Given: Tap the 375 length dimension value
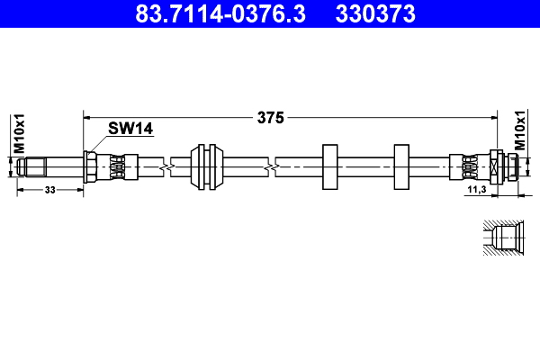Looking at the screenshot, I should click(x=272, y=117).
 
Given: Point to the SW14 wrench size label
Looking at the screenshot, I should click(x=130, y=129).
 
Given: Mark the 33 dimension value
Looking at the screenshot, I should click(x=49, y=190).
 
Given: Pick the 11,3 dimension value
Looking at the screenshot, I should click(x=476, y=190).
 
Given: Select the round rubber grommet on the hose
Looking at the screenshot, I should click(x=209, y=166).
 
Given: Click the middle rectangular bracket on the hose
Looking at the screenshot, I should click(x=328, y=166).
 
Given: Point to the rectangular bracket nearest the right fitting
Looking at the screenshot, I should click(x=400, y=166).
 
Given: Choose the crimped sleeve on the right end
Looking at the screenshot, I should click(x=469, y=166).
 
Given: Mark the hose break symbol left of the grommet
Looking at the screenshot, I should click(x=164, y=166).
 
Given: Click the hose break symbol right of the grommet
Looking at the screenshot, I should click(x=270, y=166).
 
